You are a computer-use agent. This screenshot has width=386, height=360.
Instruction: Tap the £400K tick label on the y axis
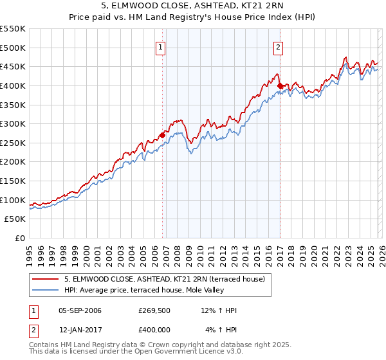[13, 85]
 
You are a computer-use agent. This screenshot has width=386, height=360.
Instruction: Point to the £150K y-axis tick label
[13, 181]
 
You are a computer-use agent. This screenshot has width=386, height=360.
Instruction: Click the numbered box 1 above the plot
[160, 46]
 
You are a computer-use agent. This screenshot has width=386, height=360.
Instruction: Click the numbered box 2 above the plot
[279, 46]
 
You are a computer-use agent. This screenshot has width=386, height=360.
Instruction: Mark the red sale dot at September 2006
[162, 135]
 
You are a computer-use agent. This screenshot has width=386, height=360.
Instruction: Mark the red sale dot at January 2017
[280, 85]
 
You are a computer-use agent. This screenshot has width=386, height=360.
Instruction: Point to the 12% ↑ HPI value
[219, 310]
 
